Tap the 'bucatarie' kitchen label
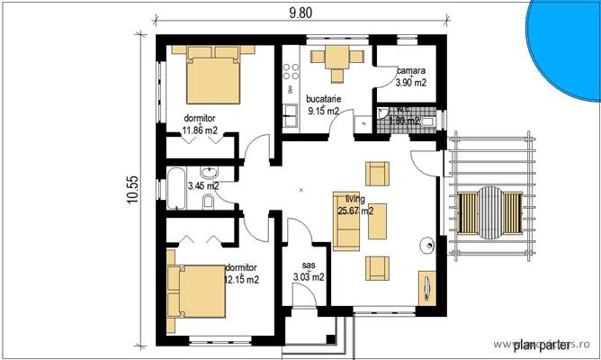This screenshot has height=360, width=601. [x=322, y=99]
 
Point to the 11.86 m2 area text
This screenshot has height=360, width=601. [x=201, y=130]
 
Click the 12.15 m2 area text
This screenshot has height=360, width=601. [x=241, y=280]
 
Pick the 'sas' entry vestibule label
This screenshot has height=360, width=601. [x=309, y=265]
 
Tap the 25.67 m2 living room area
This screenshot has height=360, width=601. [x=355, y=212]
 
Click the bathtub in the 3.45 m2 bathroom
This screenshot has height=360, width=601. [x=173, y=189]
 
